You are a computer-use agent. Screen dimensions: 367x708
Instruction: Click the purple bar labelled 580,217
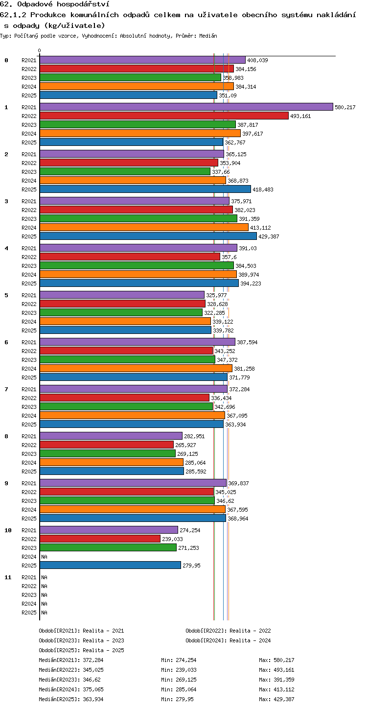pyautogui.click(x=186, y=107)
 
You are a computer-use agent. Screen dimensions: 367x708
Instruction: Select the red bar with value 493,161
pyautogui.click(x=164, y=116)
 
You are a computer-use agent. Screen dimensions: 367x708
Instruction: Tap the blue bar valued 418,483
pyautogui.click(x=145, y=189)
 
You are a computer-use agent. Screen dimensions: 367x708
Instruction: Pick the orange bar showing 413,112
pyautogui.click(x=144, y=227)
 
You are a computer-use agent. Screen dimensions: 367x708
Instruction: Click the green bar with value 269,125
pyautogui.click(x=108, y=453)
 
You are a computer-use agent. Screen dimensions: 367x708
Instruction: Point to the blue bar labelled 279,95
pyautogui.click(x=110, y=565)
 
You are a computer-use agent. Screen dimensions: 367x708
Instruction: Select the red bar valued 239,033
pyautogui.click(x=100, y=539)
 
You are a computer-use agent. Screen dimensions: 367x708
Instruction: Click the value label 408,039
pyautogui.click(x=257, y=60)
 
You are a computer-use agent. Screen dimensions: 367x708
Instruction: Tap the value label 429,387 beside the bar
pyautogui.click(x=269, y=236)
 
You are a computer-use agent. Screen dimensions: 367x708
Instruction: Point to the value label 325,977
pyautogui.click(x=216, y=295)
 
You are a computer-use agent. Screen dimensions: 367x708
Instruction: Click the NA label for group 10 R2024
pyautogui.click(x=44, y=557)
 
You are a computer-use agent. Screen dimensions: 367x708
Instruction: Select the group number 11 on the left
pyautogui.click(x=8, y=577)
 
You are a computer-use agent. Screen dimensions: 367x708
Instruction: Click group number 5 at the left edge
pyautogui.click(x=6, y=295)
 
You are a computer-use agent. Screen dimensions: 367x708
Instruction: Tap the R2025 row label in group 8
pyautogui.click(x=29, y=471)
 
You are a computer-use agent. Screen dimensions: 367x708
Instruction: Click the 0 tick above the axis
pyautogui.click(x=40, y=50)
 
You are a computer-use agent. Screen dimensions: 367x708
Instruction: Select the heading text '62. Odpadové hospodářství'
pyautogui.click(x=55, y=4)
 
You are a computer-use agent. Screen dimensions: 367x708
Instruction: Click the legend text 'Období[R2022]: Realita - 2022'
pyautogui.click(x=228, y=631)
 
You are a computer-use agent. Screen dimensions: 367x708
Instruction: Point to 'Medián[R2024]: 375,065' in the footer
pyautogui.click(x=71, y=689)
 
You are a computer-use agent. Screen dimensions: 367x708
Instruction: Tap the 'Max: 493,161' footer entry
pyautogui.click(x=276, y=670)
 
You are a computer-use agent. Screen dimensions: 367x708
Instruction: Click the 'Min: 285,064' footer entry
pyautogui.click(x=179, y=689)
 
